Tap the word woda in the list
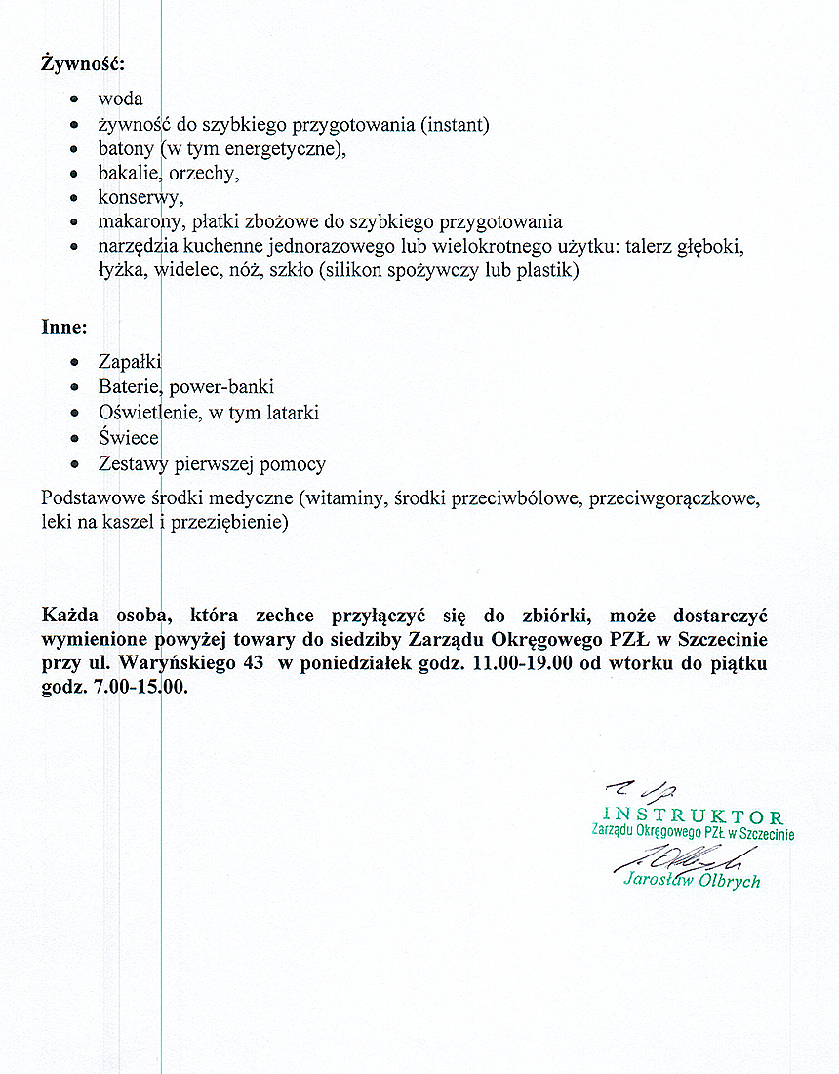click(x=120, y=99)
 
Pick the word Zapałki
click(x=129, y=362)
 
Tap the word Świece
click(x=128, y=438)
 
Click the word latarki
click(x=288, y=413)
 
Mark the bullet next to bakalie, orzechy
click(x=75, y=174)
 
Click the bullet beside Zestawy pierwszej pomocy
click(x=75, y=464)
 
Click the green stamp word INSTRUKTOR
click(x=694, y=816)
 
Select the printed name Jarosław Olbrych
click(x=692, y=880)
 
